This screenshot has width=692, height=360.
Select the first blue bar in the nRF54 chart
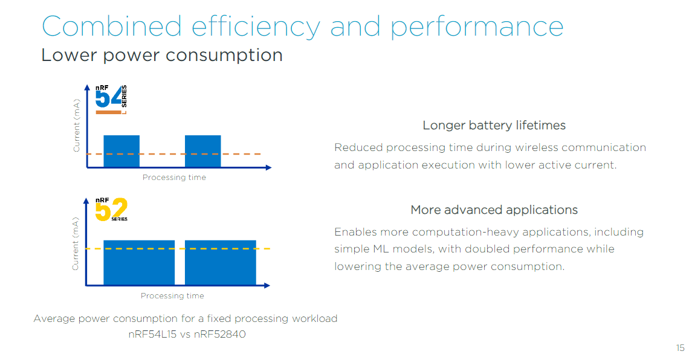point(121,151)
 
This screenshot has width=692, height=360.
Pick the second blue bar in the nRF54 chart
point(202,151)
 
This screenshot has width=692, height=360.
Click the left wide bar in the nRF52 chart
point(139,263)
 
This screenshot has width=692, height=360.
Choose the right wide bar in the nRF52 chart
point(220,263)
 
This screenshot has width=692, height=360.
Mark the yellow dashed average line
point(266,249)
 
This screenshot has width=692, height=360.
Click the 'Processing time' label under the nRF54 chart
point(174,178)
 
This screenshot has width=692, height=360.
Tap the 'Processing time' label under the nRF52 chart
point(172,296)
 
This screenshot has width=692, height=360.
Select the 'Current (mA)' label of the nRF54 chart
point(77,125)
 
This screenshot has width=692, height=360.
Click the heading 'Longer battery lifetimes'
point(494,126)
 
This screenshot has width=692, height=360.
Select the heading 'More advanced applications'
point(494,210)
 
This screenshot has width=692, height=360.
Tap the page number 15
point(680,348)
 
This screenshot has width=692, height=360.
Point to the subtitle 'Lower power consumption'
point(162,56)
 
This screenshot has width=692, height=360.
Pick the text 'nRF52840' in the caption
point(220,333)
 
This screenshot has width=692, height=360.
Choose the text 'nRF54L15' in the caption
point(152,333)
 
